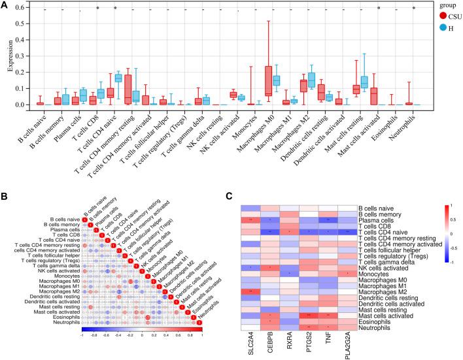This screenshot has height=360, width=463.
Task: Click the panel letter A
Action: [5, 5]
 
